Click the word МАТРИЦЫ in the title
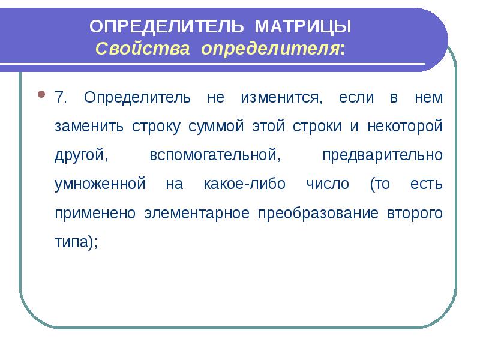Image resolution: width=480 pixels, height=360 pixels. (303, 26)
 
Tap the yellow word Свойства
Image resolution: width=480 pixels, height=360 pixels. (143, 49)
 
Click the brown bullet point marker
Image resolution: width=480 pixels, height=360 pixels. (41, 94)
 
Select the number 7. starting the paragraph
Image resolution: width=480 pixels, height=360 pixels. (61, 97)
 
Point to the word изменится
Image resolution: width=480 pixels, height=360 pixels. (281, 98)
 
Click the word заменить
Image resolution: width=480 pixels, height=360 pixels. (89, 127)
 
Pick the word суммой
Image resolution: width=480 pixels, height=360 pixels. (216, 127)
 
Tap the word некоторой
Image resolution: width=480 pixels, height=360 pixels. (405, 126)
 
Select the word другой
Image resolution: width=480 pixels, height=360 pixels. (81, 155)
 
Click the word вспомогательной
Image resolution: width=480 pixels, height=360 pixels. (215, 155)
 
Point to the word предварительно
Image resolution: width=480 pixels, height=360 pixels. (383, 155)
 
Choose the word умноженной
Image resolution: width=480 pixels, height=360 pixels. (100, 184)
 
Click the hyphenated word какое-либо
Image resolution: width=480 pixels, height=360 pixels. (245, 184)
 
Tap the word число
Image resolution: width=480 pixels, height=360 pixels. (328, 184)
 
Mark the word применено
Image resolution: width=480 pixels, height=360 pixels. (95, 213)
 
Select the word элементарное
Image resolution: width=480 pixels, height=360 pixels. (197, 213)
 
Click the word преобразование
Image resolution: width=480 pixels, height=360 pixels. (319, 213)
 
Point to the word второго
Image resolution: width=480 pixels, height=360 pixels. (415, 213)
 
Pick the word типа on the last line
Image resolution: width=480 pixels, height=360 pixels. (71, 242)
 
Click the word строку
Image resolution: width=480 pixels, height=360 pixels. (156, 127)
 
